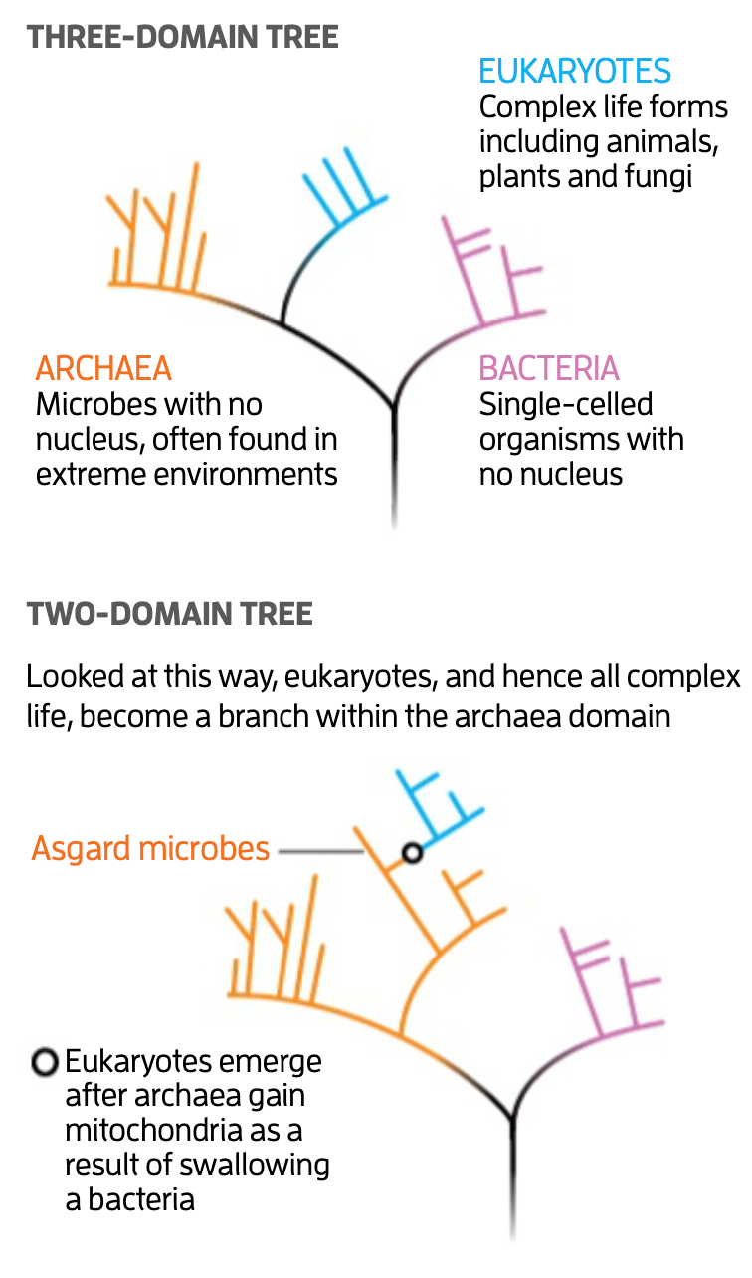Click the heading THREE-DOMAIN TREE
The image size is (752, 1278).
pyautogui.click(x=183, y=38)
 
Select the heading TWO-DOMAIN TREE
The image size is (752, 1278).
pyautogui.click(x=170, y=614)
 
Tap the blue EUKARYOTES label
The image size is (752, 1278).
pyautogui.click(x=575, y=71)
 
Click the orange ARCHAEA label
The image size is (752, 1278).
pyautogui.click(x=103, y=369)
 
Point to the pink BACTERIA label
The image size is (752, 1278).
pyautogui.click(x=549, y=369)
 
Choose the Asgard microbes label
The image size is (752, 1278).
pyautogui.click(x=150, y=849)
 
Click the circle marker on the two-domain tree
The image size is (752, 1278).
pyautogui.click(x=412, y=852)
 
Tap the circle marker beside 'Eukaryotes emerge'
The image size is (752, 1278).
pyautogui.click(x=44, y=1062)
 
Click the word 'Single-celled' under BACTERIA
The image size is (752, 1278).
pyautogui.click(x=565, y=405)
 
